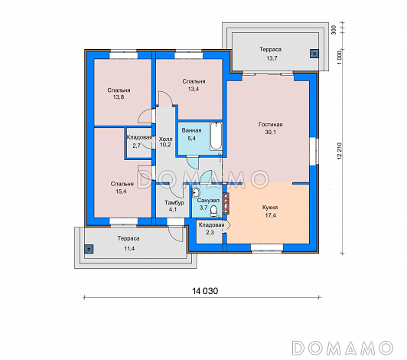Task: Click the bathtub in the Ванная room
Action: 216,136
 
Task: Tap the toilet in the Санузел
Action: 214,211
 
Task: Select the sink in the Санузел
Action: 196,192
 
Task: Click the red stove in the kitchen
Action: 226,203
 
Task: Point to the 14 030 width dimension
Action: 205,291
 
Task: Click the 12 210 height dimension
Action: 340,151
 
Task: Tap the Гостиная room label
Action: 271,125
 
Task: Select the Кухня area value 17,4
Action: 271,215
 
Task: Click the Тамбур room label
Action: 174,202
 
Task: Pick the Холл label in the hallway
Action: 165,139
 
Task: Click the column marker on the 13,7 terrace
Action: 314,54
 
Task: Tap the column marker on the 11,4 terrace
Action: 89,249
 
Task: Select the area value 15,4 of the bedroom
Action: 122,191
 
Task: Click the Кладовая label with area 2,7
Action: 139,137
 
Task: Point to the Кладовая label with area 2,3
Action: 212,225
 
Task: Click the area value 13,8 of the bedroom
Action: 119,97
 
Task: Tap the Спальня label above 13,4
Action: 194,81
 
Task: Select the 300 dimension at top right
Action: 334,30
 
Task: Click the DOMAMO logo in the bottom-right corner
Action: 343,348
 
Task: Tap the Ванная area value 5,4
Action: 191,139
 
